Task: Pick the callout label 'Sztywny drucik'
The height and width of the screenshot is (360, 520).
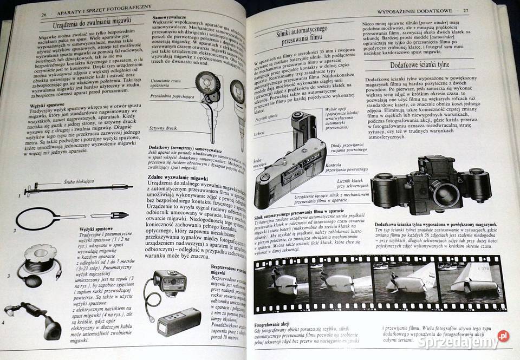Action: coord(164,128)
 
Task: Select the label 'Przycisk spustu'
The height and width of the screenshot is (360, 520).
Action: coord(266,116)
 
